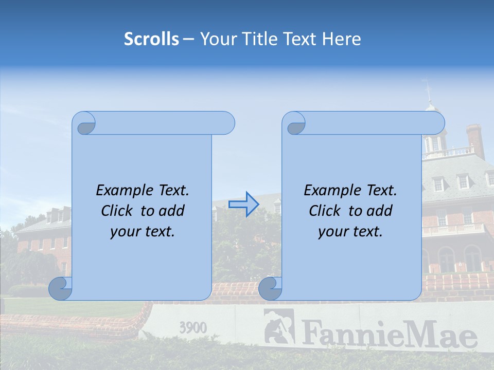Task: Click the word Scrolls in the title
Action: [152, 39]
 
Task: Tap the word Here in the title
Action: [342, 39]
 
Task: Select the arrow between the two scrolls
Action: [243, 204]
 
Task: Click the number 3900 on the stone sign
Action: [193, 327]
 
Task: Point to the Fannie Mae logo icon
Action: [278, 327]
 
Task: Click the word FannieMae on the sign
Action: [389, 334]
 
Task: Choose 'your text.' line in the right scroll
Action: [350, 231]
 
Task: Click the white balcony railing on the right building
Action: [453, 229]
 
